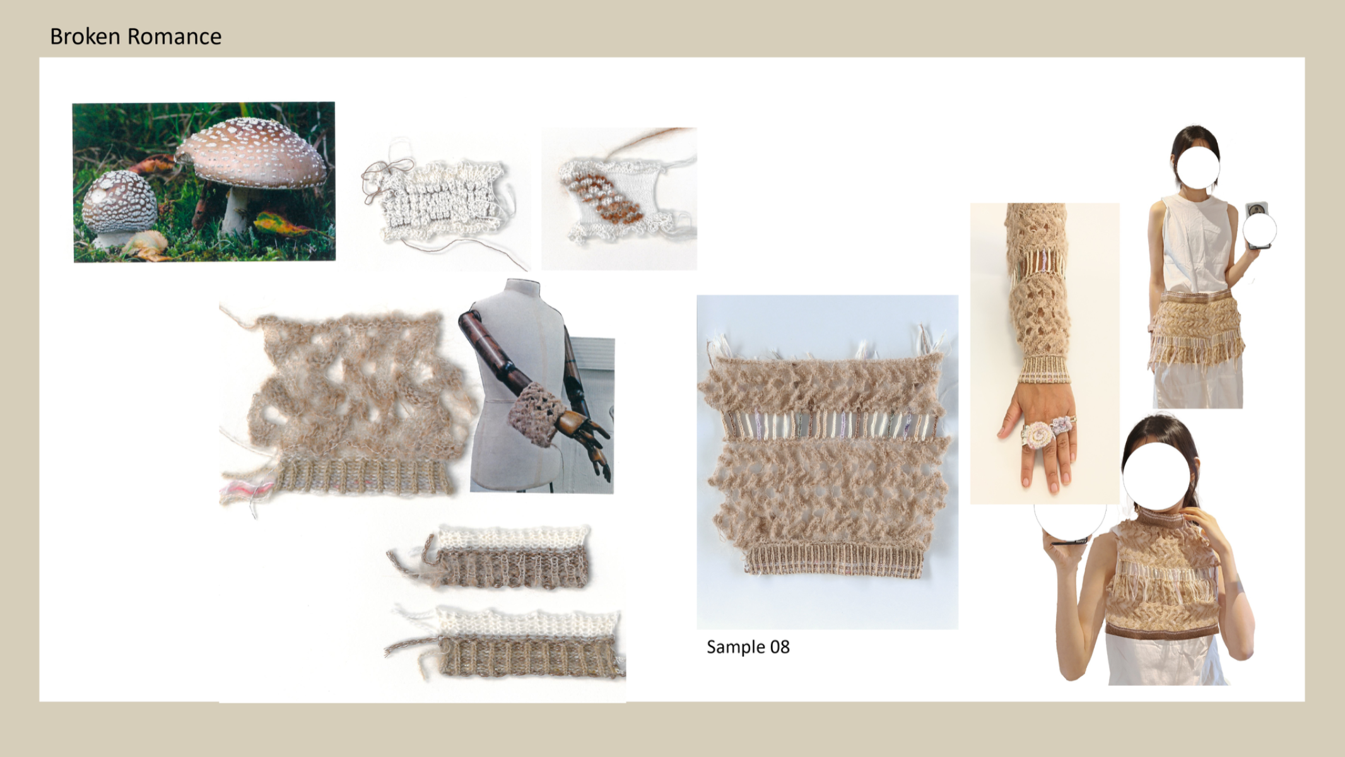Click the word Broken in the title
coord(85,37)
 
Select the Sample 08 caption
coord(748,647)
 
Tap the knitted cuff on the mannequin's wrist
coord(534,413)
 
